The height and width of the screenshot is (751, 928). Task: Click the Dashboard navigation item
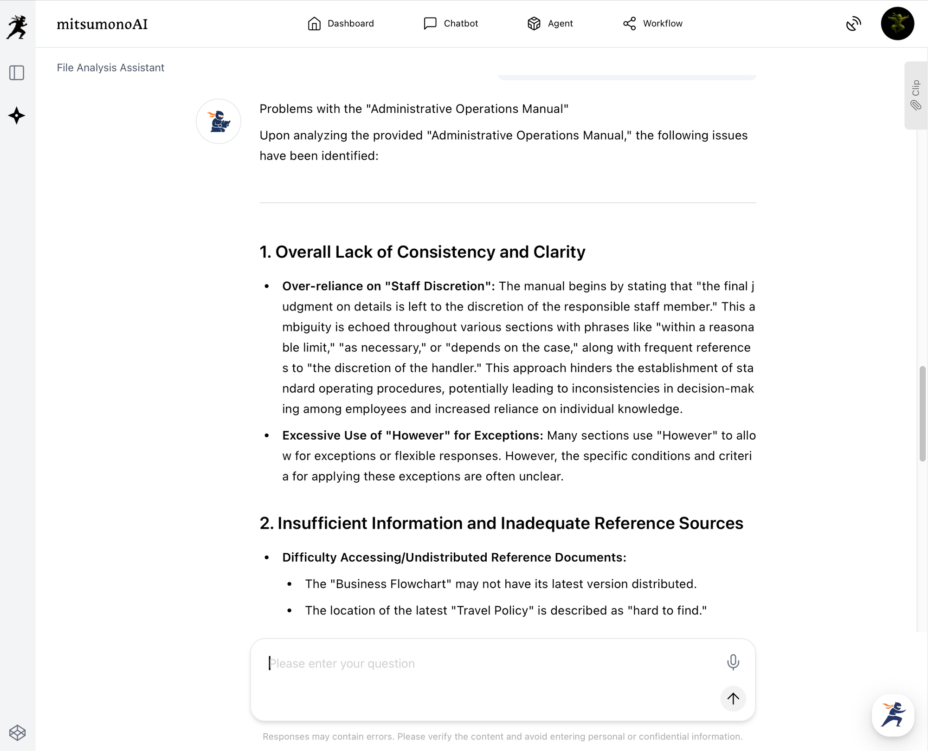click(x=341, y=24)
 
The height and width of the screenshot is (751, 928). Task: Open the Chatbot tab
click(x=451, y=24)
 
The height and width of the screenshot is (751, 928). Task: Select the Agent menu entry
click(x=550, y=24)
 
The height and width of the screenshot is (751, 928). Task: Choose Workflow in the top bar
click(x=652, y=24)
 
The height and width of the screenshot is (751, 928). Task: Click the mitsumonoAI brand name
click(x=102, y=24)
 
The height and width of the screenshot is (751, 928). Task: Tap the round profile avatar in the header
click(x=897, y=24)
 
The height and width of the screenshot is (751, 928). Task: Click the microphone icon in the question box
click(x=733, y=662)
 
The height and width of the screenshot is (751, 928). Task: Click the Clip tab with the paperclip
click(x=915, y=95)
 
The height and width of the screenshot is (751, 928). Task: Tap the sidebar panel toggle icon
click(x=17, y=73)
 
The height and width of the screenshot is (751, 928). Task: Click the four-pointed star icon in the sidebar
click(x=17, y=116)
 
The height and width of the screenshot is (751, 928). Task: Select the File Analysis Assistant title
click(x=110, y=68)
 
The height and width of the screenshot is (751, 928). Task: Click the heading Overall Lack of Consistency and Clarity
click(x=422, y=252)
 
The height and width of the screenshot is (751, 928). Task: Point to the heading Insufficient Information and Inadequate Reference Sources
click(x=501, y=523)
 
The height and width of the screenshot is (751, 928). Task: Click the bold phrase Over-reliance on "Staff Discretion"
click(x=388, y=286)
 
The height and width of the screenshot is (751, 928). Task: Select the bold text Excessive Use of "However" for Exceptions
click(x=412, y=435)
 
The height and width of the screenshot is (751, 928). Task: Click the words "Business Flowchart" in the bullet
click(x=391, y=584)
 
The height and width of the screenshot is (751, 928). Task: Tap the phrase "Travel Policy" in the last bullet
click(x=492, y=610)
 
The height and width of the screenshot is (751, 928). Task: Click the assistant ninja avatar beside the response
click(x=219, y=122)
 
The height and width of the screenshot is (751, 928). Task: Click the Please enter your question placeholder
click(x=342, y=664)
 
